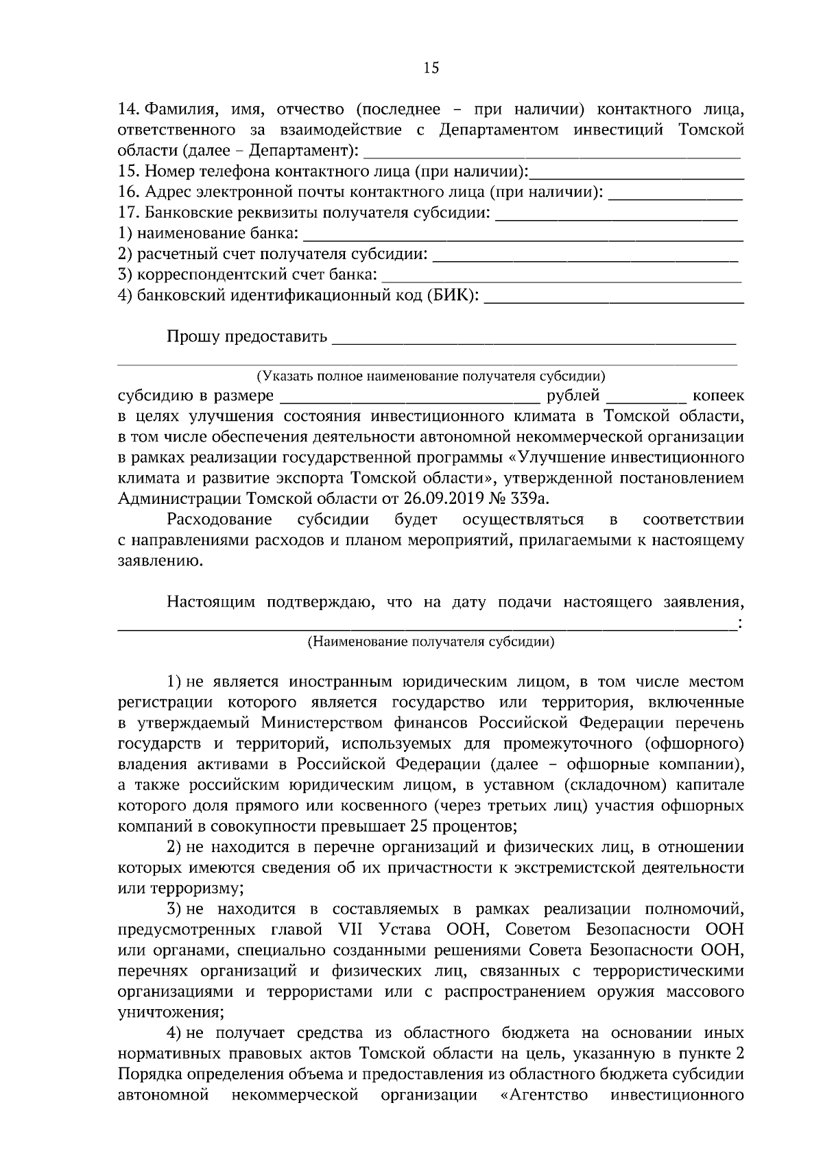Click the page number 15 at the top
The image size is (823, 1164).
pos(431,68)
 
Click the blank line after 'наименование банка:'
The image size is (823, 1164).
pos(523,237)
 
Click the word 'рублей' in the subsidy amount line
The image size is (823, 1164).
pos(573,396)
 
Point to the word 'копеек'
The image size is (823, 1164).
pos(717,396)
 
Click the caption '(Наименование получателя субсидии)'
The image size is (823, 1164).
pos(431,642)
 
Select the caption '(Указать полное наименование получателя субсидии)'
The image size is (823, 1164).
pos(431,376)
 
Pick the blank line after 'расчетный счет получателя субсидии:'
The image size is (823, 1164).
pos(586,257)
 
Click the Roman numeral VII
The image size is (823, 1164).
pos(353,930)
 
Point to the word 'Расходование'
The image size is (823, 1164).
pos(219,520)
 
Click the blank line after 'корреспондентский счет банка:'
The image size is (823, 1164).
pos(561,278)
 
